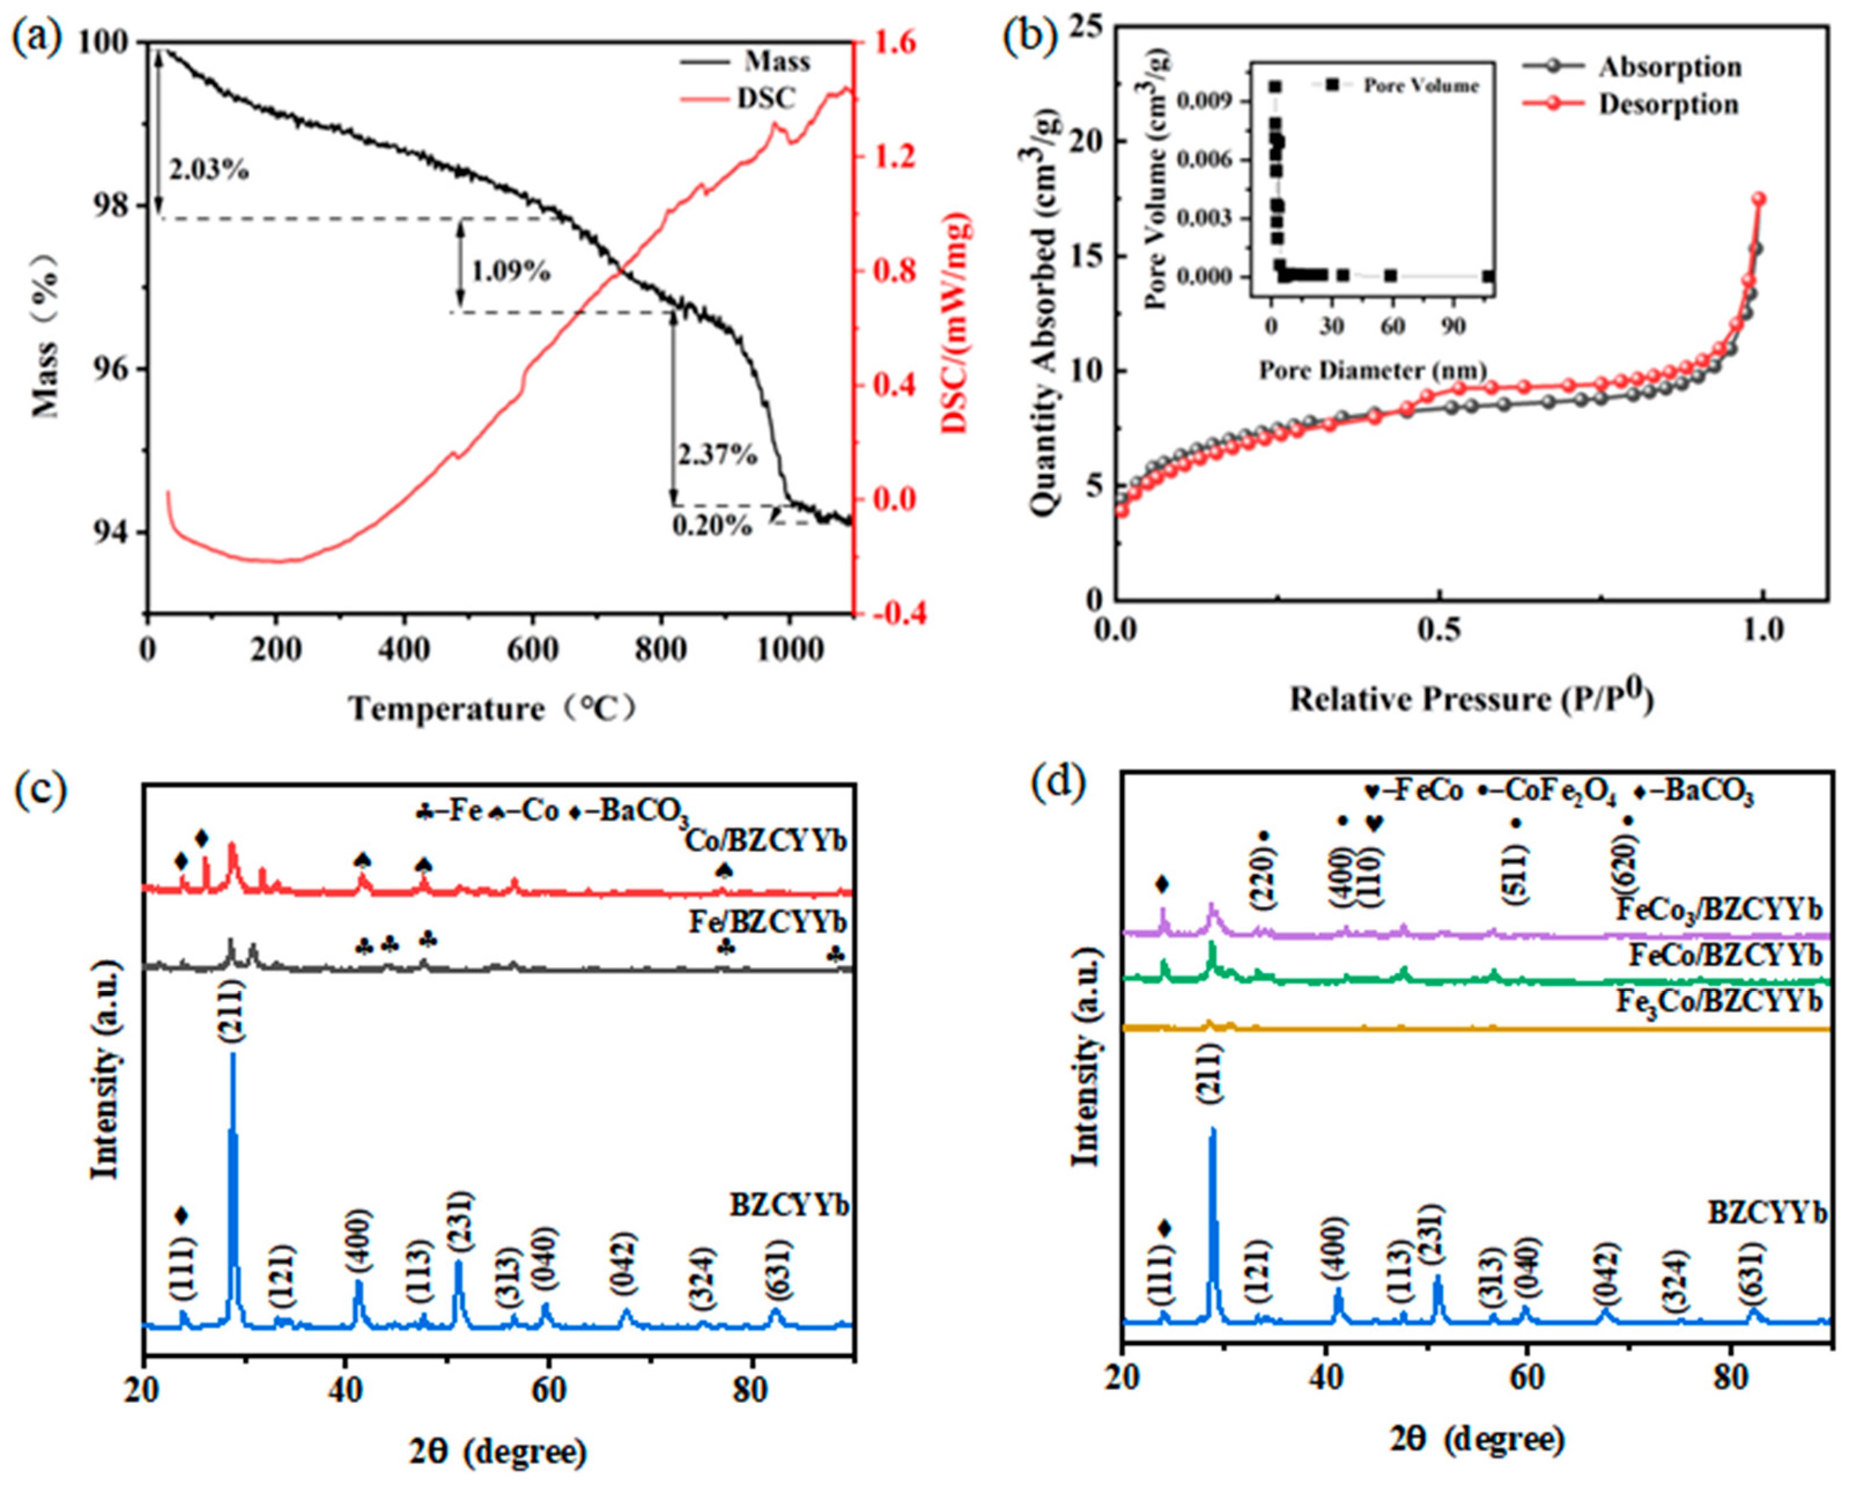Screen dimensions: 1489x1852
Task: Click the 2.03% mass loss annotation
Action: pos(209,170)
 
